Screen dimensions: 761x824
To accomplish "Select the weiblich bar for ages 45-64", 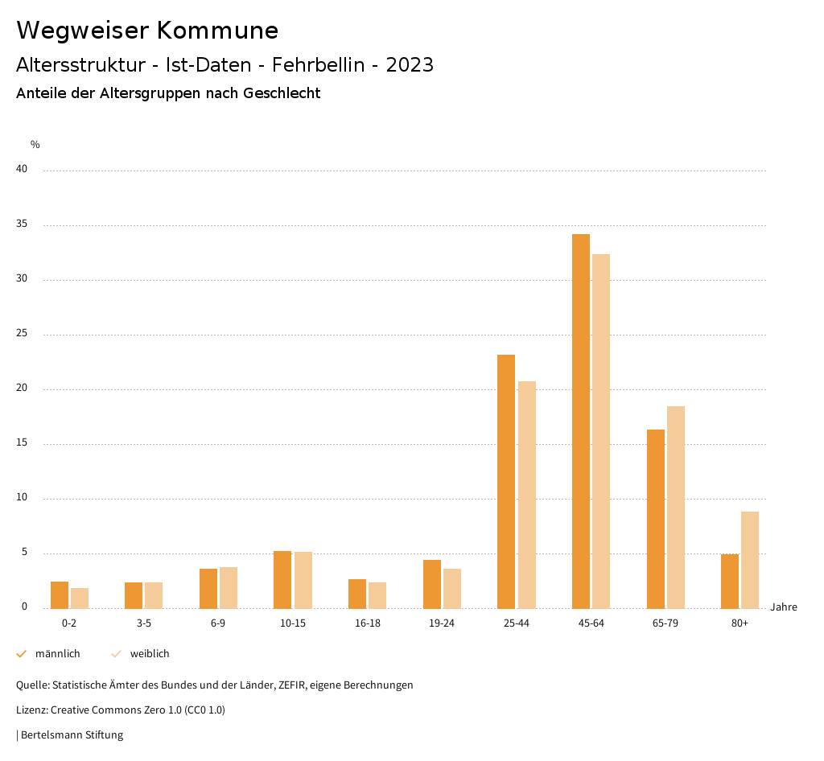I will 601,431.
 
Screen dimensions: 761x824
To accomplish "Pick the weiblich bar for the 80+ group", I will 750,560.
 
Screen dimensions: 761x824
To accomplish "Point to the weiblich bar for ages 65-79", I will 676,507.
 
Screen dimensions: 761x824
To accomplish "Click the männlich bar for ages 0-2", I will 60,594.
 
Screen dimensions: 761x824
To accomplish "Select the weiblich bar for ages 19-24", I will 452,588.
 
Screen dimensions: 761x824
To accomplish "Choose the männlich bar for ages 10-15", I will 282,579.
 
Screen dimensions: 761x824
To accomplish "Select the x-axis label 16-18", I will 367,623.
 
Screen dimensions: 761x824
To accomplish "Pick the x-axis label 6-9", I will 218,623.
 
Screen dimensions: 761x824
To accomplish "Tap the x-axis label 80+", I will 740,623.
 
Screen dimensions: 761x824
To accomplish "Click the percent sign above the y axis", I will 35,145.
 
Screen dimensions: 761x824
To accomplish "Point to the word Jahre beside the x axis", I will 784,607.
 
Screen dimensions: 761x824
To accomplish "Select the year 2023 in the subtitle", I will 410,65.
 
